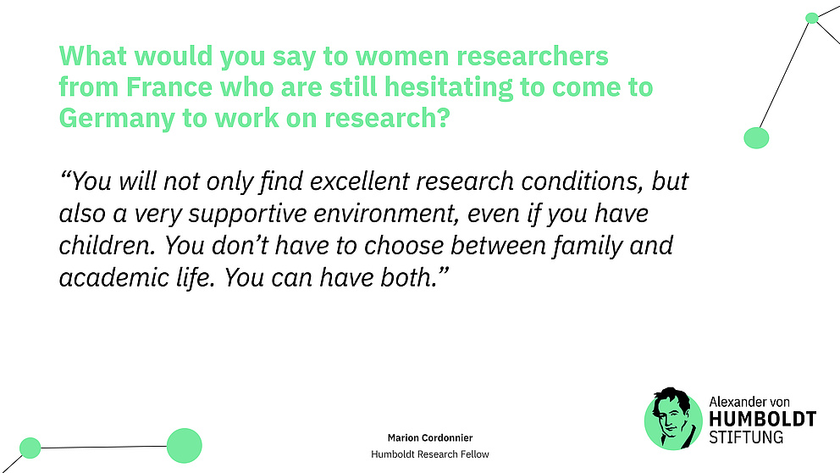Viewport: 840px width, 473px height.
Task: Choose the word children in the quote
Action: (x=106, y=247)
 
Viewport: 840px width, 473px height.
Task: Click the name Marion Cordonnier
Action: (x=430, y=437)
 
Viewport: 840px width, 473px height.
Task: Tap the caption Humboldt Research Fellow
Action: (x=430, y=454)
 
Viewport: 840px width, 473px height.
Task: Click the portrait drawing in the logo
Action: (x=673, y=418)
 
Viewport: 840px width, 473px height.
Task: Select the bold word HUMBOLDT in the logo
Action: (x=762, y=420)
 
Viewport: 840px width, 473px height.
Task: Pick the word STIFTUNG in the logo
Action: (x=745, y=437)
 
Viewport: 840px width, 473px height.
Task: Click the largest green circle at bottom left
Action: (x=184, y=445)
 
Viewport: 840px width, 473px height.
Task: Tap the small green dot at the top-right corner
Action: (x=811, y=18)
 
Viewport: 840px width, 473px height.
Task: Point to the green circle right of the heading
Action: (x=756, y=137)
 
